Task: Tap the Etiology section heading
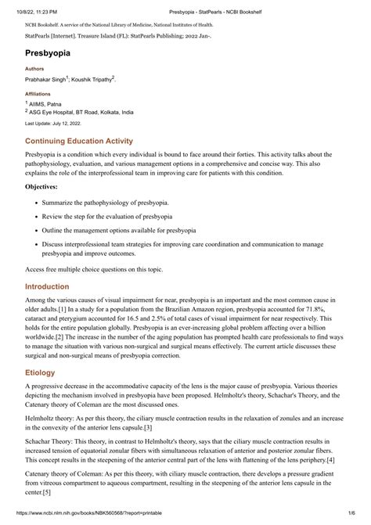tap(40, 373)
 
